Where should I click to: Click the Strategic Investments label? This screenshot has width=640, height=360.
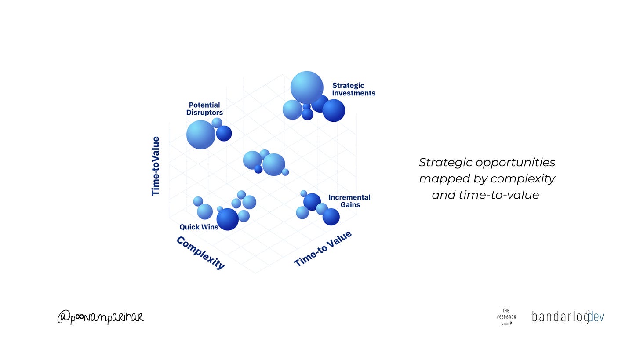point(353,89)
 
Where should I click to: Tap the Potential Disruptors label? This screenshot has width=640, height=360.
point(204,109)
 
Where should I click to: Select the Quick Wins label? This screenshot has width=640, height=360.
point(199,227)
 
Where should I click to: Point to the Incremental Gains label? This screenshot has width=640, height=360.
point(349,201)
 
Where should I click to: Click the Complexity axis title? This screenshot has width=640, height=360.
point(200,253)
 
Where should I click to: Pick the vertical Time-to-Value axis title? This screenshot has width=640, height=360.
point(156,166)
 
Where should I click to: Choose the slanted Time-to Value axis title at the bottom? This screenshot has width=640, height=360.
point(323,248)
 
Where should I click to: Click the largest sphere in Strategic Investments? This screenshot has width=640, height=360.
point(307,87)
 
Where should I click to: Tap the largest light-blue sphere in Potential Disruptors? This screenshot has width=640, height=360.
point(201,135)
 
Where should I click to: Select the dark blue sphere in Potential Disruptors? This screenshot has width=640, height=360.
point(224,133)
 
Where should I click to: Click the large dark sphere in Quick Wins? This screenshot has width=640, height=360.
point(228,219)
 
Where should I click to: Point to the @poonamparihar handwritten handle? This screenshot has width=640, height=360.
point(101,317)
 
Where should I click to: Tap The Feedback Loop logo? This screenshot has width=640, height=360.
point(506,317)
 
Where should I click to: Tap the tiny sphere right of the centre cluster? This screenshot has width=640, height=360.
point(285,172)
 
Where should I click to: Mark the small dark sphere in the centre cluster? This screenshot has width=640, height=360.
point(258,169)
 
